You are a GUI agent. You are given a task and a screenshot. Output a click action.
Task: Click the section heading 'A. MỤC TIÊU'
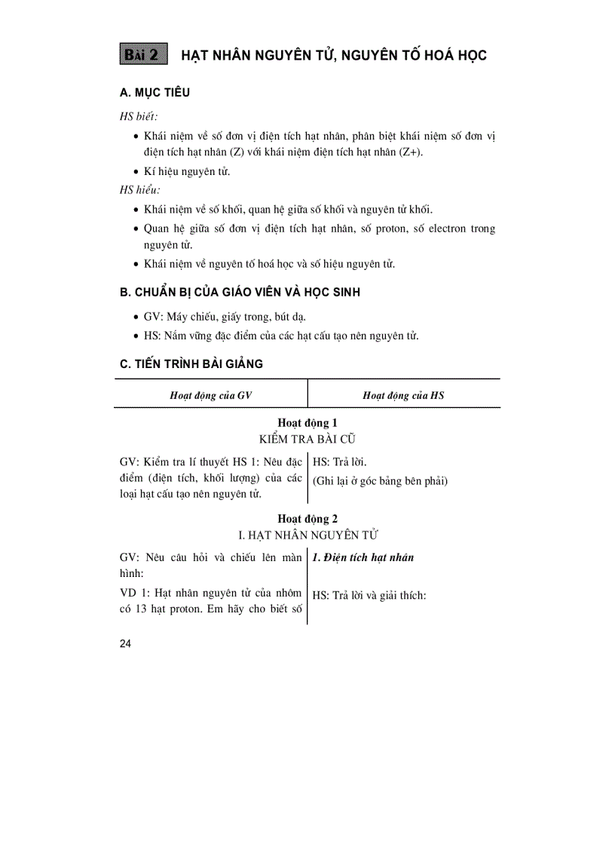155,93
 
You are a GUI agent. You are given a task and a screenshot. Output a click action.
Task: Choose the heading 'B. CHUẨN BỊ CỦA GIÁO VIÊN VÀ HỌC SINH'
240,292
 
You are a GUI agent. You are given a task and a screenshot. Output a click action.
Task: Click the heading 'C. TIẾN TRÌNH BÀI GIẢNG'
191,364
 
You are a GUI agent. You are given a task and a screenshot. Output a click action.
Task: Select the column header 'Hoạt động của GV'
210,394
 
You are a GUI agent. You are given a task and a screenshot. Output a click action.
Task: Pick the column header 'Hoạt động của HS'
403,394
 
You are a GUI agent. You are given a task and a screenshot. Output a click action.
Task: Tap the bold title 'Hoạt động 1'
307,423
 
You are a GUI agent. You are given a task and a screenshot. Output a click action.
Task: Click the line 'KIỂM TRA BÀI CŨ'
307,438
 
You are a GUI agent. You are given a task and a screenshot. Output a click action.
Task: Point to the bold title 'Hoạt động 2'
307,519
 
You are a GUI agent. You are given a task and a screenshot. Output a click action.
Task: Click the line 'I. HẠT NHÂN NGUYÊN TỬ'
307,535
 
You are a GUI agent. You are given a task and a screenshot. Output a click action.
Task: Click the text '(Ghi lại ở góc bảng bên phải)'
380,480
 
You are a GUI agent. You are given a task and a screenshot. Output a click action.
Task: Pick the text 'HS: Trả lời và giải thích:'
369,595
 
